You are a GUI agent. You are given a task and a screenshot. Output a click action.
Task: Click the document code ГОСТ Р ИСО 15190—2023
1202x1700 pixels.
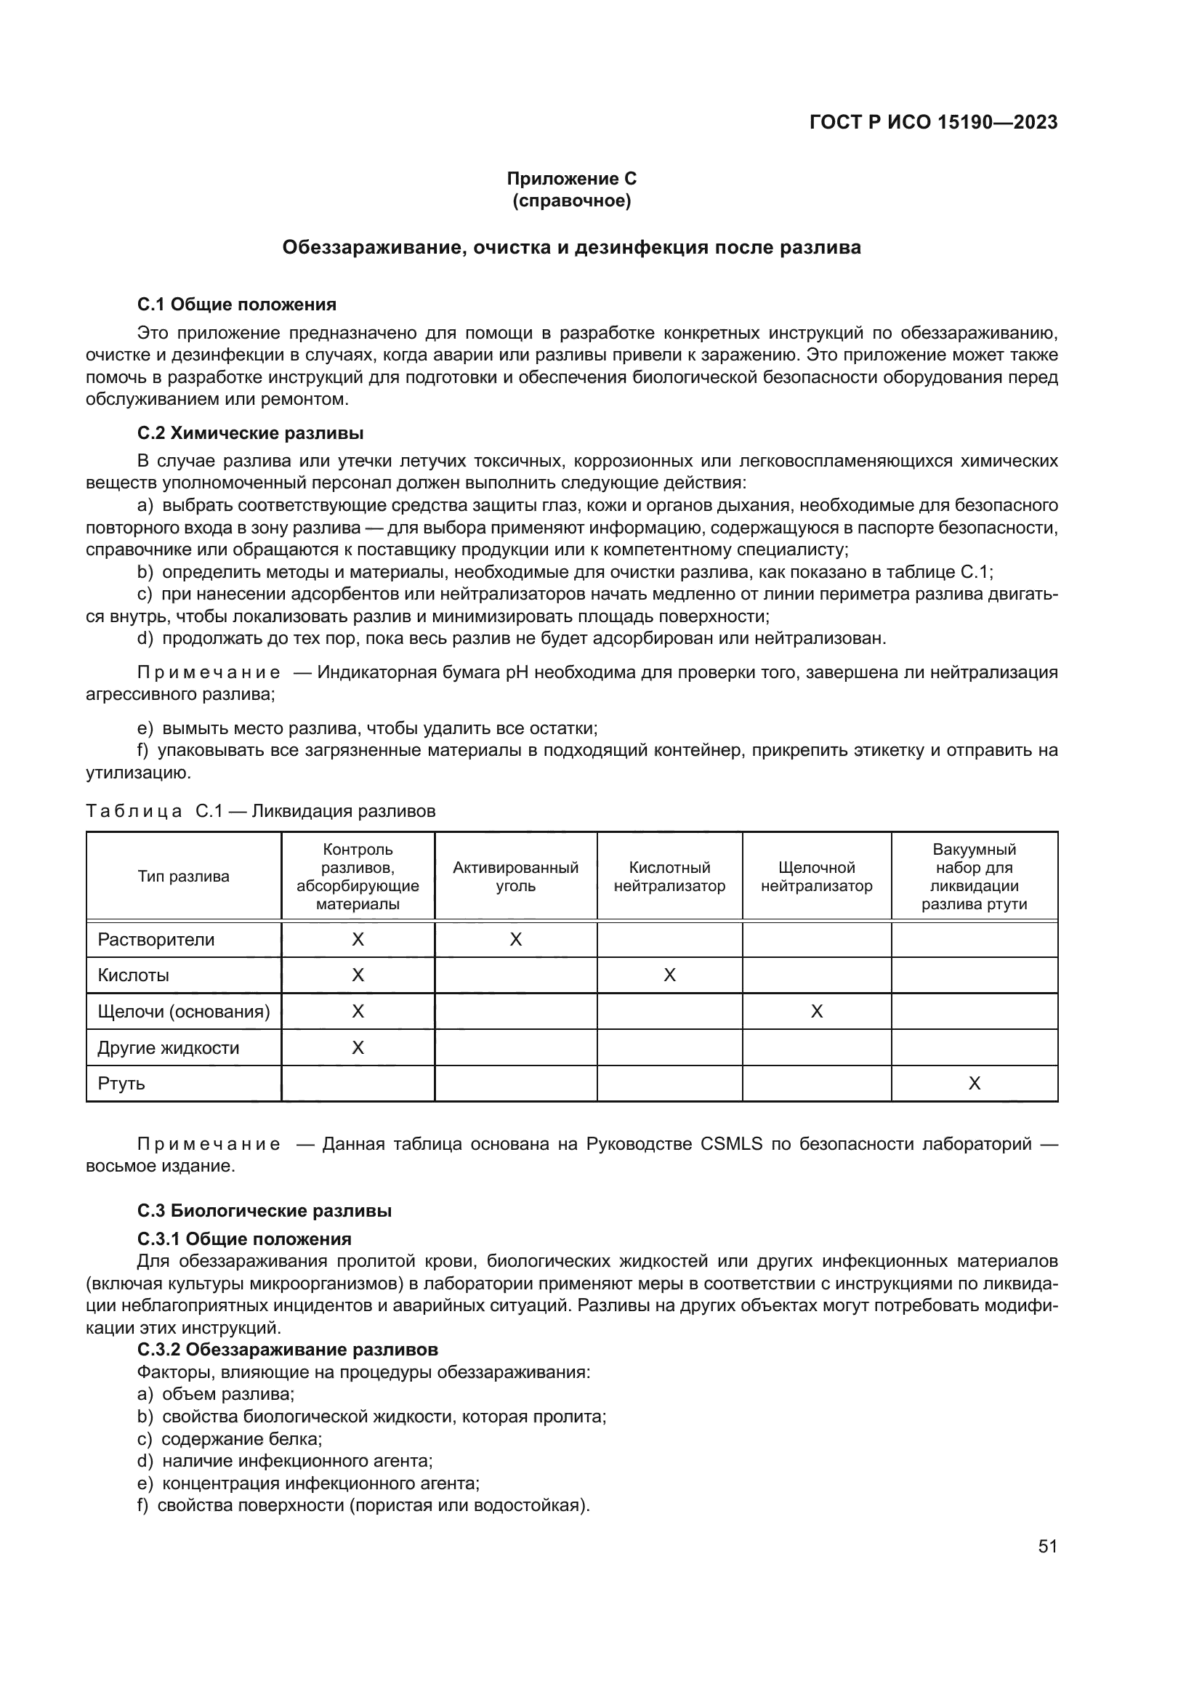pos(933,122)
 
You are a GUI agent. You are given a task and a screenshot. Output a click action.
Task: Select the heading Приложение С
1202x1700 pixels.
pos(571,179)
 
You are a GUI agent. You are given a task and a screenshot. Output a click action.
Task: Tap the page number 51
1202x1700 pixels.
pos(1047,1546)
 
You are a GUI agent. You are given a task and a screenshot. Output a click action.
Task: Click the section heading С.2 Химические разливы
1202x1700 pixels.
pos(250,433)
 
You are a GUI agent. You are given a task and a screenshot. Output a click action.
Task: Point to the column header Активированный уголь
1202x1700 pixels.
pos(515,877)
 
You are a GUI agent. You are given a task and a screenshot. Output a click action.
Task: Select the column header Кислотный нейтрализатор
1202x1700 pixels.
pos(669,877)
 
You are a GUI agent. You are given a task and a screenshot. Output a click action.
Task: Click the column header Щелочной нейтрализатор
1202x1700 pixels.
pos(816,877)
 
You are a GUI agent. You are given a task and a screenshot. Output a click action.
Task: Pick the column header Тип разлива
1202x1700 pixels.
pos(184,877)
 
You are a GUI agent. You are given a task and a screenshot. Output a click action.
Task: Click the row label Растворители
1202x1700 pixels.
pos(156,940)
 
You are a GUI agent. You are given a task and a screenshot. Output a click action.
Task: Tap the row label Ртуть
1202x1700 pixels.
pos(121,1083)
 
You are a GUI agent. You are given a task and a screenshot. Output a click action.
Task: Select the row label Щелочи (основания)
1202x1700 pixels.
pos(184,1012)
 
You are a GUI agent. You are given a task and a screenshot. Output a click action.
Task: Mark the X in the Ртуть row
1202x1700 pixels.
pos(974,1084)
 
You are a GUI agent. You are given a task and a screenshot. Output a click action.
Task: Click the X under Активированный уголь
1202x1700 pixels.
pos(516,940)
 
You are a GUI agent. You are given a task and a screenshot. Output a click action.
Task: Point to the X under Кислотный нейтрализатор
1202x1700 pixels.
pos(670,975)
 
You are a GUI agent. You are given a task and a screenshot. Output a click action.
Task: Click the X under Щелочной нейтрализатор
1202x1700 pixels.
pos(816,1012)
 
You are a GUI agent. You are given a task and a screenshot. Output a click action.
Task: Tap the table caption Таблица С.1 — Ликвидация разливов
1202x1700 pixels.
pos(261,812)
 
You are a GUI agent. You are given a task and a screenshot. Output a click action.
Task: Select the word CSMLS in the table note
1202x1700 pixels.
pos(730,1145)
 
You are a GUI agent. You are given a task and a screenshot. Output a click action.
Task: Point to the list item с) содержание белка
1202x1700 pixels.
pos(230,1438)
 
